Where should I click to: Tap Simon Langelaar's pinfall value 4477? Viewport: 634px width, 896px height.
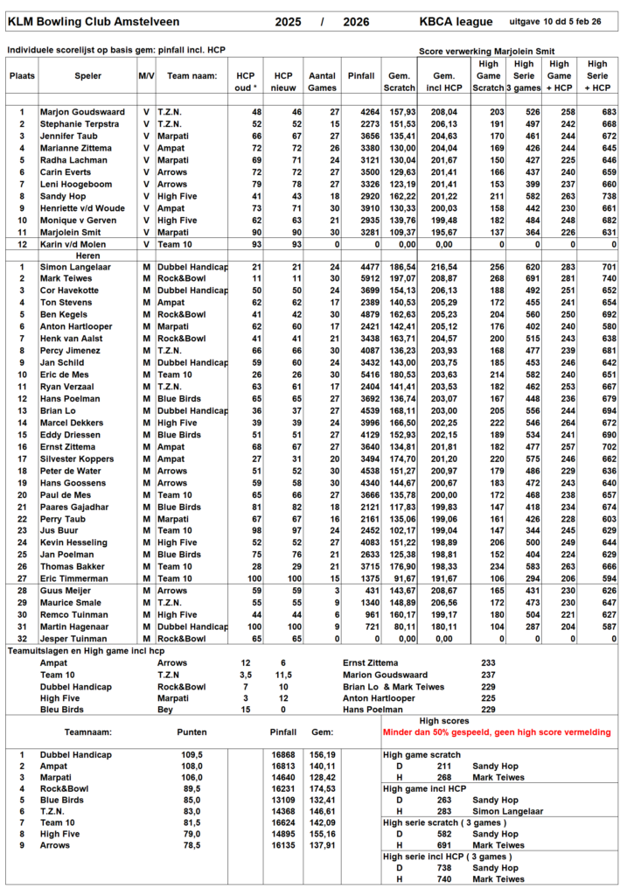click(360, 264)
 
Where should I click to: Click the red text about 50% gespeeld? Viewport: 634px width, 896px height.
click(496, 731)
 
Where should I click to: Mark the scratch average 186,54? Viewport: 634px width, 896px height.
click(401, 264)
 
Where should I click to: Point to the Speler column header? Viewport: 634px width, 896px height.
click(87, 76)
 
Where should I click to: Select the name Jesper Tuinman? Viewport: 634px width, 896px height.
click(76, 638)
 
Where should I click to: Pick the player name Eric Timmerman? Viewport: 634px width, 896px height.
click(76, 577)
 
